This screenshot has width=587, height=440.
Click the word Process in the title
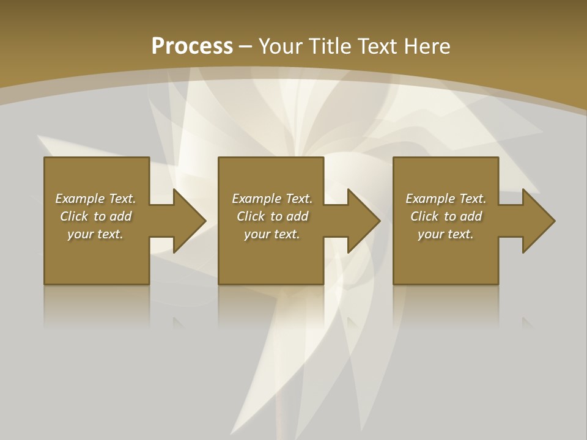coord(192,46)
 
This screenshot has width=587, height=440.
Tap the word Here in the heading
coord(427,46)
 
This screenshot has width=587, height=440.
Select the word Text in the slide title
coord(379,46)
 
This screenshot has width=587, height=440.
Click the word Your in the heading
coord(281,46)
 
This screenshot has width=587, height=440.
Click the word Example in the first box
coord(80,199)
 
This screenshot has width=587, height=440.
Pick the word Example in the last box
coord(430,199)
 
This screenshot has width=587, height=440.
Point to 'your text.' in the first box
coord(95,234)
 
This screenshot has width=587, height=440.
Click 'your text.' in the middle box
coord(272,234)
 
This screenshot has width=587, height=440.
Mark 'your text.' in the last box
coord(446,234)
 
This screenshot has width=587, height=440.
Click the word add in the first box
coord(121,216)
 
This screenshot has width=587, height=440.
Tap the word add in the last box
coord(471,216)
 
